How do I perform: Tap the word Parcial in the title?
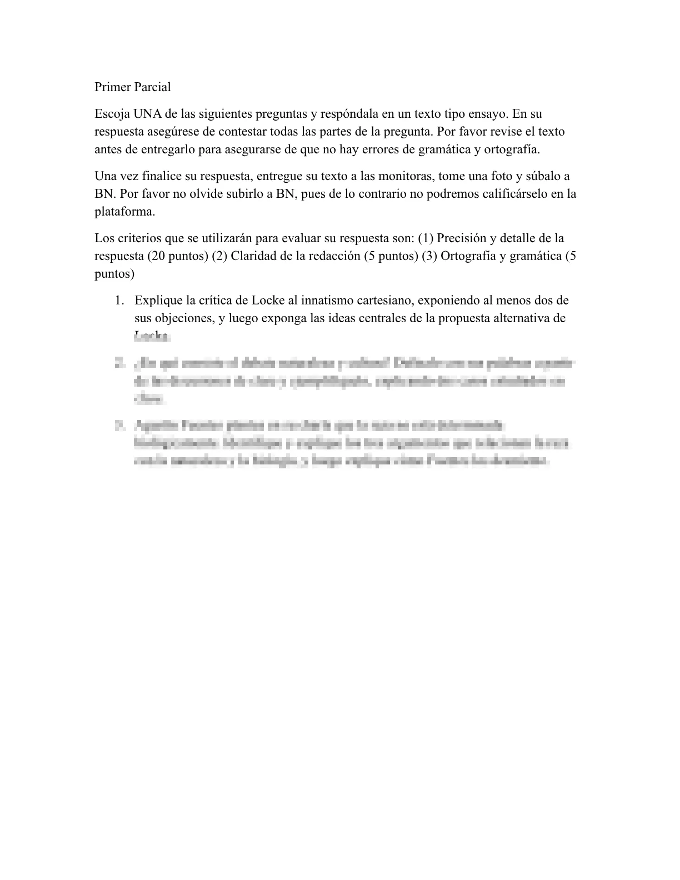pyautogui.click(x=152, y=87)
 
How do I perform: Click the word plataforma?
pyautogui.click(x=123, y=212)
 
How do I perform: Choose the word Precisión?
pyautogui.click(x=462, y=239)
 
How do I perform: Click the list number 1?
pyautogui.click(x=118, y=301)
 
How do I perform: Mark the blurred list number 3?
pyautogui.click(x=118, y=426)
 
